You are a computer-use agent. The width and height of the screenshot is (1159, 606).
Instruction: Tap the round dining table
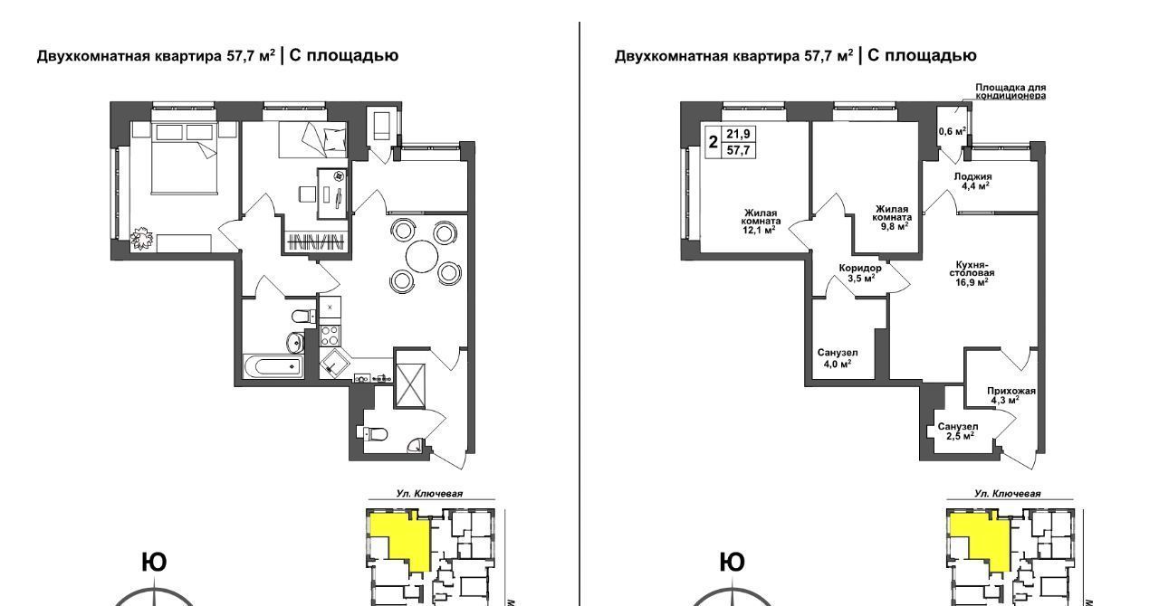422,257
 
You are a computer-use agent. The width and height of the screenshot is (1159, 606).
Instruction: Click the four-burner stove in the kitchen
330,335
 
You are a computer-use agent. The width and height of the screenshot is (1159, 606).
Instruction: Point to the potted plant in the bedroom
141,240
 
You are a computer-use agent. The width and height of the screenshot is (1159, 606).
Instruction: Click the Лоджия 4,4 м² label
972,181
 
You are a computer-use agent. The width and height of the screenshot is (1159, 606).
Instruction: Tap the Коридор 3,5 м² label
859,273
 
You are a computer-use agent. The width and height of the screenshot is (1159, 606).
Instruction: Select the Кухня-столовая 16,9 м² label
972,272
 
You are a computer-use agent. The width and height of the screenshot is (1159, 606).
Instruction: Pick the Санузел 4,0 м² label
838,358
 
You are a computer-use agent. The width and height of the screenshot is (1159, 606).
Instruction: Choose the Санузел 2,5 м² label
958,431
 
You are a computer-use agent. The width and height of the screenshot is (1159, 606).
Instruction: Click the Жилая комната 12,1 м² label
760,222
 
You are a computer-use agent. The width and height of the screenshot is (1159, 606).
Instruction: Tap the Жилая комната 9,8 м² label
892,218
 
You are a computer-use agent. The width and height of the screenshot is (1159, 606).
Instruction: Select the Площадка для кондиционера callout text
1011,91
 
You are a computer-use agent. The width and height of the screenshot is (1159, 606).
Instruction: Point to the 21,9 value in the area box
738,134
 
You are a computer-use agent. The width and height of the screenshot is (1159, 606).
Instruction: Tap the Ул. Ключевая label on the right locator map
1007,494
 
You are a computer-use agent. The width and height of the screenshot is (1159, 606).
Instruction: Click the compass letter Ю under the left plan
154,563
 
